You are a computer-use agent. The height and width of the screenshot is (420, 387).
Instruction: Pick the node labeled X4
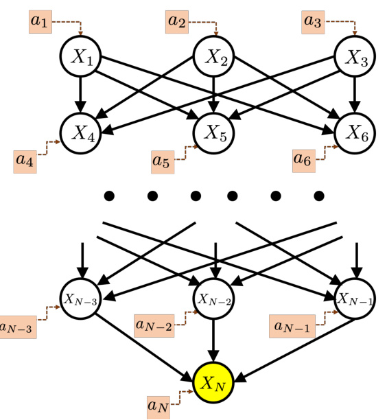pos(82,132)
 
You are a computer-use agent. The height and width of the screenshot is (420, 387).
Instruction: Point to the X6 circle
pos(355,132)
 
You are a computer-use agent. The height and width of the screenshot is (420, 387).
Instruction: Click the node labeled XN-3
pos(82,299)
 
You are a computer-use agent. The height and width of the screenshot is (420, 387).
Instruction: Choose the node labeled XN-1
pos(355,299)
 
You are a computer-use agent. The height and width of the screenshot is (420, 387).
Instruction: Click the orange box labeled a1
pos(40,22)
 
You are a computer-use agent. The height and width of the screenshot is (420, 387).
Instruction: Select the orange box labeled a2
pos(178,22)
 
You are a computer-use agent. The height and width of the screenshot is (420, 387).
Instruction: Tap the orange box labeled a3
pos(314,22)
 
